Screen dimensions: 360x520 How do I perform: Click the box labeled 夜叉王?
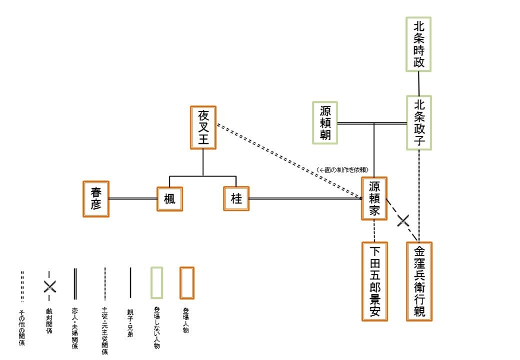(203, 128)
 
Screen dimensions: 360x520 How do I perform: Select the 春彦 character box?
(96, 198)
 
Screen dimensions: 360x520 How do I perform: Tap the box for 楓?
(169, 199)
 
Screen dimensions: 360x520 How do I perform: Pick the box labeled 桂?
(236, 198)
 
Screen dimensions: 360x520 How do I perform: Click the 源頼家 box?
(374, 198)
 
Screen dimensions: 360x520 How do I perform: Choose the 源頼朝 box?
(325, 123)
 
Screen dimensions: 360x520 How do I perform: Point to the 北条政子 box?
(419, 123)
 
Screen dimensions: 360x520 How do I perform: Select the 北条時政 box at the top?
(419, 45)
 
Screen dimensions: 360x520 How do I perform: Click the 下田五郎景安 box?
(374, 282)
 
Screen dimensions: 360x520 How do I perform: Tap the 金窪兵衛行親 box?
(419, 282)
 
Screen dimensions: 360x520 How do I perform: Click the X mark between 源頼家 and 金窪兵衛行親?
(403, 220)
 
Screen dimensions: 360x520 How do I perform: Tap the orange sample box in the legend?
(187, 283)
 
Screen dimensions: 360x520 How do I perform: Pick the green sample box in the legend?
(157, 283)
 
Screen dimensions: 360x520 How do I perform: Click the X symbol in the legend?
(49, 286)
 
